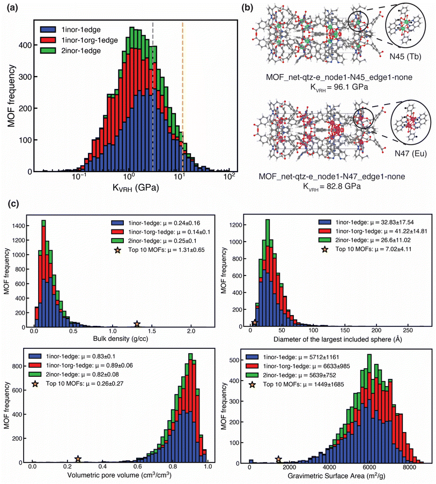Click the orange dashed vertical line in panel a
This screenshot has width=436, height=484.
tap(182, 96)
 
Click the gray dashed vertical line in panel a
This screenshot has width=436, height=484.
tap(153, 96)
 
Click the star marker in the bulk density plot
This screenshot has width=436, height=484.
tap(137, 324)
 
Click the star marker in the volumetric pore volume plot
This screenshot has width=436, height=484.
tap(78, 459)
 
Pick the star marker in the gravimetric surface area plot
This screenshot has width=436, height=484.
tap(278, 459)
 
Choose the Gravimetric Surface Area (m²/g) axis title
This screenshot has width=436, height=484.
tap(335, 476)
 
